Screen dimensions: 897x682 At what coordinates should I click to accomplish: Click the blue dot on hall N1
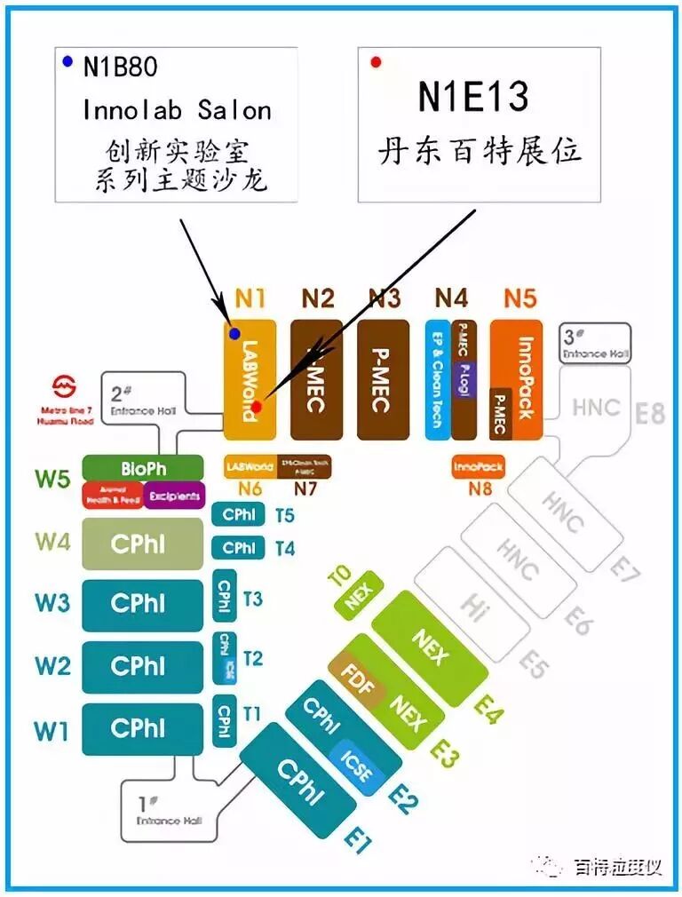234,334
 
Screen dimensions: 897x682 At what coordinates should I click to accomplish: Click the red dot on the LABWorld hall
256,407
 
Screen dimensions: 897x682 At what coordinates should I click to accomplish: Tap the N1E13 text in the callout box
473,97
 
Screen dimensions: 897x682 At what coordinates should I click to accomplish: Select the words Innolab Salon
177,109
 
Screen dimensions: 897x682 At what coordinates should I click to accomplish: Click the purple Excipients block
174,496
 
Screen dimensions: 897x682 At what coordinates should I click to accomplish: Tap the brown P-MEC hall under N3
383,380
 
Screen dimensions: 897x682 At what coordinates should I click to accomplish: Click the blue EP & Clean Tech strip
437,380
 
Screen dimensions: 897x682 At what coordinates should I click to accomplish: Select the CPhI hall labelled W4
137,544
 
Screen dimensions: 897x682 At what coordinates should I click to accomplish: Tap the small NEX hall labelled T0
358,596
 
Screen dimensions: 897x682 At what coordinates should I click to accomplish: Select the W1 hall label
52,731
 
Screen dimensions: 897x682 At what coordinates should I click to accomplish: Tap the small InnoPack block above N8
478,466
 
